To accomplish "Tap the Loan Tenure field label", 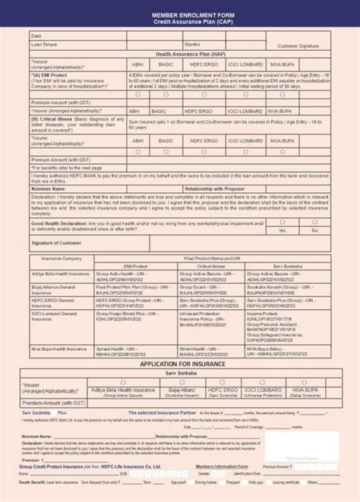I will point(46,45).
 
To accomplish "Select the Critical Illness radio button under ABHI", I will point(137,151).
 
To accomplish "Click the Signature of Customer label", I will point(56,242).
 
